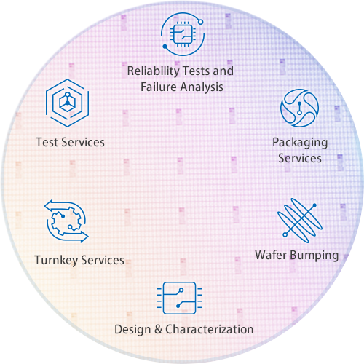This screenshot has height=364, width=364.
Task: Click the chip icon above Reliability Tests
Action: (182, 34)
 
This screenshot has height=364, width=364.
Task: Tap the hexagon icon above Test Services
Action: (68, 103)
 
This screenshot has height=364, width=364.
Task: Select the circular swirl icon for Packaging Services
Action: (299, 108)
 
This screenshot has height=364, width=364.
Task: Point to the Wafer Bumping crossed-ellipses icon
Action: (300, 221)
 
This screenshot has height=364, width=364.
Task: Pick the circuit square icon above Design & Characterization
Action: (179, 298)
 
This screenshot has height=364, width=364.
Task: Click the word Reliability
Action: (153, 71)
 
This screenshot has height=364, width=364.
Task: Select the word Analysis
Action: (202, 87)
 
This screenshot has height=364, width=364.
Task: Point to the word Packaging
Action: (300, 143)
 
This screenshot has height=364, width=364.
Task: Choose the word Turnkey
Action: (56, 261)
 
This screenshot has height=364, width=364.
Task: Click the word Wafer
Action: (271, 255)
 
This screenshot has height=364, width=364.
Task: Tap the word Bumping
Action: (314, 256)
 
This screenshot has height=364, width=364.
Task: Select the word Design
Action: (132, 329)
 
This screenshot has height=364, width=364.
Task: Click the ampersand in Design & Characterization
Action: (158, 330)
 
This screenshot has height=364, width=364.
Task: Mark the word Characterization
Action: (210, 329)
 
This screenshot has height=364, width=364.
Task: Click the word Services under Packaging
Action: (300, 159)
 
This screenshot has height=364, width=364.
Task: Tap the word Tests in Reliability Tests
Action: (196, 71)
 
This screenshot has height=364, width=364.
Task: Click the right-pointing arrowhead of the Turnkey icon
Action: (84, 237)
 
